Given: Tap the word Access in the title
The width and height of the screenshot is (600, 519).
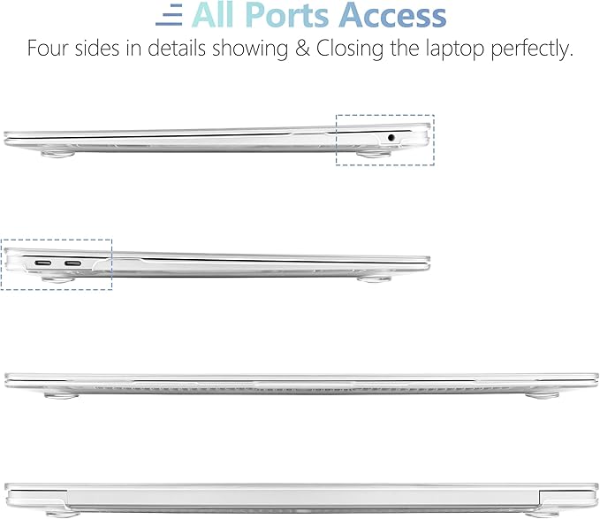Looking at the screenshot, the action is pos(392,15).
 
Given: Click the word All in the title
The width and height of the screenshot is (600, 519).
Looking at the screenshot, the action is pos(214,15).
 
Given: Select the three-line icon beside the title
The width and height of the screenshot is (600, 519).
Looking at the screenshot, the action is pos(169,15).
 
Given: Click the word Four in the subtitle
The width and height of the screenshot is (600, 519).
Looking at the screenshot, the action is pos(48,49).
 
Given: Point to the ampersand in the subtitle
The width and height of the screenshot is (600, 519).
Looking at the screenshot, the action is pos(302,49).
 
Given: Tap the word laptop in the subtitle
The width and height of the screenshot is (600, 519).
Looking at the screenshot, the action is pos(455,50).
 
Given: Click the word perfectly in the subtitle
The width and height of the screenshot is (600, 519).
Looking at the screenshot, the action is pos(532,50).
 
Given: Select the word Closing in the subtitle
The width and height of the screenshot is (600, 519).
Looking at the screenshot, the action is pos(349,50).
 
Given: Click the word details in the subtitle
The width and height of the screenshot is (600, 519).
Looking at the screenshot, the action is pos(177,49).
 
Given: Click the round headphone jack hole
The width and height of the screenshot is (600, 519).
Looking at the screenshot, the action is pos(391,137).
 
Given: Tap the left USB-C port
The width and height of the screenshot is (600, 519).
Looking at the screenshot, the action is pos(43,263).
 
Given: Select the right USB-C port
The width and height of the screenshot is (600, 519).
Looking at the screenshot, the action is pos(72,263).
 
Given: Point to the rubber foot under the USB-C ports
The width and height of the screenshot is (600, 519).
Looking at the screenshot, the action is pos(58,279).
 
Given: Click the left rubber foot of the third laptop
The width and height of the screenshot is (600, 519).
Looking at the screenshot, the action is pos(61,393).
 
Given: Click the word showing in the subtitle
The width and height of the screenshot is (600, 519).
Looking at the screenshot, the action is pos(250,50).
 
